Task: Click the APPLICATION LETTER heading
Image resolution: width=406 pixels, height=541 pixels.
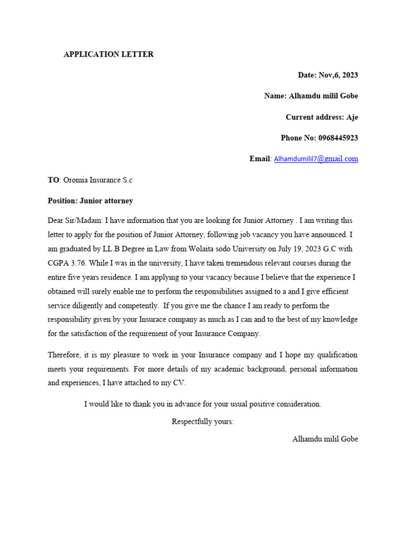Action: [108, 54]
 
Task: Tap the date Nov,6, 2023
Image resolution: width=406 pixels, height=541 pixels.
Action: [338, 75]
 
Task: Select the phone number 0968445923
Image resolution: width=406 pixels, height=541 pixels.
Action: [338, 138]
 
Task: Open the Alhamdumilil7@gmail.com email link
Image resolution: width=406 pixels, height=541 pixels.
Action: [316, 158]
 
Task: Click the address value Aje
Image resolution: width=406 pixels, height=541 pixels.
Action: [352, 117]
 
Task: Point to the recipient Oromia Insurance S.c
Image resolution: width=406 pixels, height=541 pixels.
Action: [98, 180]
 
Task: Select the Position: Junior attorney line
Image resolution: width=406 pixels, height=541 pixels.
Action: [90, 201]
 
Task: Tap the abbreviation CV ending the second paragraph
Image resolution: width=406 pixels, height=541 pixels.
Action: [180, 383]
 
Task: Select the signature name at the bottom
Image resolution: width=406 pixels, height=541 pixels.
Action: [325, 439]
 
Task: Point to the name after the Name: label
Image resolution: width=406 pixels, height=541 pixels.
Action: [324, 96]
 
